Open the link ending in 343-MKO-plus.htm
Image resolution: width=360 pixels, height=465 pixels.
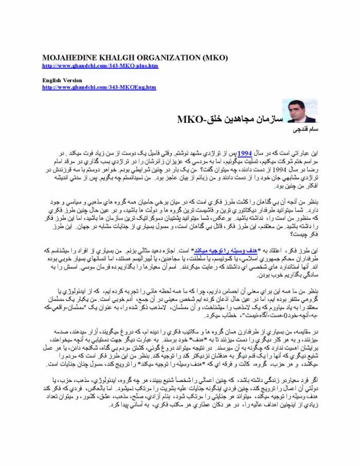(x=100, y=66)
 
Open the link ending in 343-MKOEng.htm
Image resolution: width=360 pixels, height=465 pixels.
(x=99, y=87)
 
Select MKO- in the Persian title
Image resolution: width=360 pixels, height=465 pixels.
(x=190, y=120)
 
